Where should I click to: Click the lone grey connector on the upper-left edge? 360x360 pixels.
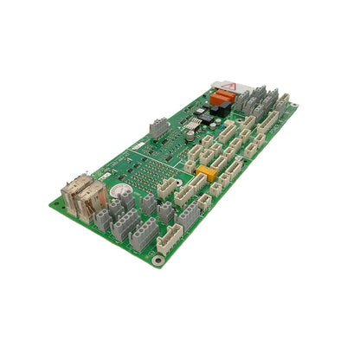coord(158,126)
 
